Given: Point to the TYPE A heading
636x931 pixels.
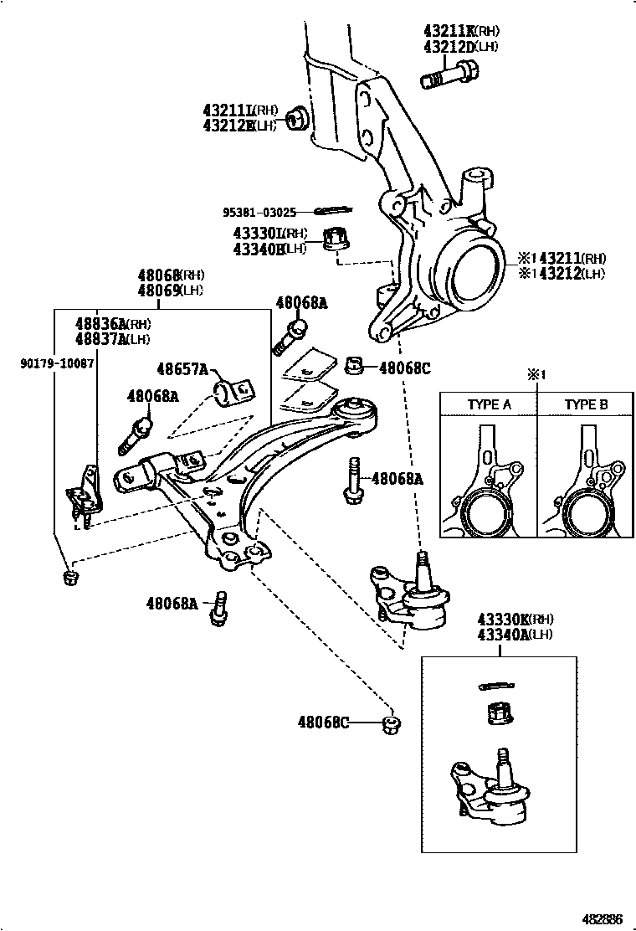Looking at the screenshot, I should click(x=489, y=404).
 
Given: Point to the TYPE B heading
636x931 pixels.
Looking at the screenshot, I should click(x=586, y=404).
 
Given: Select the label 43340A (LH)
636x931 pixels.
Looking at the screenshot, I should click(x=504, y=634).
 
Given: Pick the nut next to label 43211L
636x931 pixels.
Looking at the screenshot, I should click(x=295, y=118).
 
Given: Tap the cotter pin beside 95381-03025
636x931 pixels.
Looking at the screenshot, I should click(x=334, y=210).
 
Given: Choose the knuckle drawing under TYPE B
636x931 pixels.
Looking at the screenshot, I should click(x=585, y=486).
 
